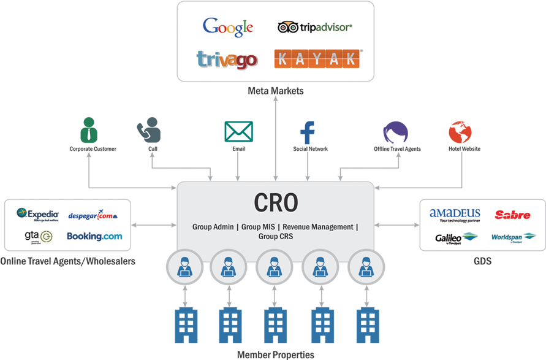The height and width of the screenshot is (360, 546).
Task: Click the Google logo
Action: (x=227, y=27)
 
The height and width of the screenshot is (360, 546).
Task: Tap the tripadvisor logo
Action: (x=314, y=27)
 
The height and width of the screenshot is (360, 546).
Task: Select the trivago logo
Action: (x=226, y=59)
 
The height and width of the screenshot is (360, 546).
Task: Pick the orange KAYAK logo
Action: (x=317, y=59)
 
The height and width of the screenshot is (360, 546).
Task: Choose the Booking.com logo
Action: (x=94, y=236)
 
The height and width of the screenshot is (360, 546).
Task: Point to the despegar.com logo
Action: (x=93, y=215)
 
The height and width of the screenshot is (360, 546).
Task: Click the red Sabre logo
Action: (x=512, y=215)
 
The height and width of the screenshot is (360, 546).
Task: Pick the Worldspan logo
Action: (x=512, y=237)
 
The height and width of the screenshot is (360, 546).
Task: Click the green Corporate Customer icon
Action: (x=89, y=129)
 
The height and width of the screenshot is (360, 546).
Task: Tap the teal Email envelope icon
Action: (x=238, y=131)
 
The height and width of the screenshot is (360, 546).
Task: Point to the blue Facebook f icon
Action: (x=308, y=132)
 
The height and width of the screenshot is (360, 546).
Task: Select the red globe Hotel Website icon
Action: (x=460, y=132)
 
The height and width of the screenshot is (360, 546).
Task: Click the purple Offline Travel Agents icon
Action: (x=395, y=132)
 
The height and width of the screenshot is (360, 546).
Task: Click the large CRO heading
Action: (x=275, y=202)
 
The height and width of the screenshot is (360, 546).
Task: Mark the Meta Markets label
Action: (x=275, y=91)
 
